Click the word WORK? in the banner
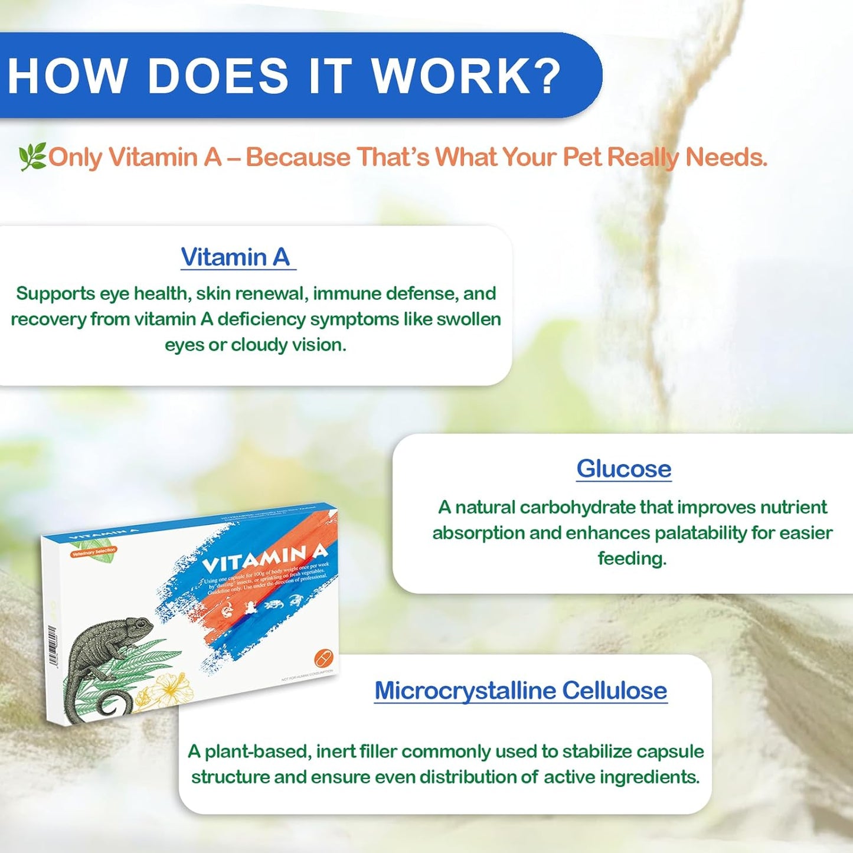tap(465, 76)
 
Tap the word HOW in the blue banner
tap(67, 76)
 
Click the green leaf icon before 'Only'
tap(32, 158)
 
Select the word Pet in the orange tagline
tap(581, 157)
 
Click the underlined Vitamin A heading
tap(236, 257)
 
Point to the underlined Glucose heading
tap(623, 469)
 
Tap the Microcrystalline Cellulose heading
tap(521, 691)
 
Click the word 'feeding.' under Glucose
tap(632, 558)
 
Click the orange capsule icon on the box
tap(323, 656)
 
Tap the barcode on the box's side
tap(53, 646)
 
